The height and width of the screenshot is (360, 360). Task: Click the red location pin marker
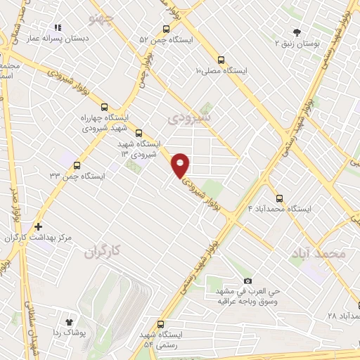click(181, 164)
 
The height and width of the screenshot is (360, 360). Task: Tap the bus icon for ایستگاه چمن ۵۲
click(166, 29)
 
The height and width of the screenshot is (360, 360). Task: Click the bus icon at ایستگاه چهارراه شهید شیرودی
click(105, 107)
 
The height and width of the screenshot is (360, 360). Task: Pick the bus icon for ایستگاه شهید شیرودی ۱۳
click(138, 132)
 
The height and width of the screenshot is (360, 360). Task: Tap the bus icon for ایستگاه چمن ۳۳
click(77, 165)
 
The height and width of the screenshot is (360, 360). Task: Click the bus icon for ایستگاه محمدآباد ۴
click(280, 198)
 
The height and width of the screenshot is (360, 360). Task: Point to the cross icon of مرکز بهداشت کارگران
click(38, 227)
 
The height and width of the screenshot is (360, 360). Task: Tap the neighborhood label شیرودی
click(188, 119)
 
